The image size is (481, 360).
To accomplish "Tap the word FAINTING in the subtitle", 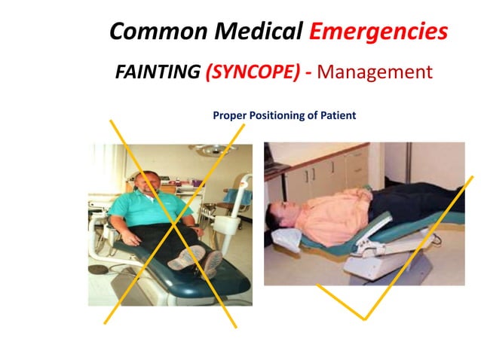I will tap(156, 73).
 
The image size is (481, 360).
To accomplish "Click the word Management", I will tap(375, 73).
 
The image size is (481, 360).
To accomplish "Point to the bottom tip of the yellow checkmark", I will tap(363, 318).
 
